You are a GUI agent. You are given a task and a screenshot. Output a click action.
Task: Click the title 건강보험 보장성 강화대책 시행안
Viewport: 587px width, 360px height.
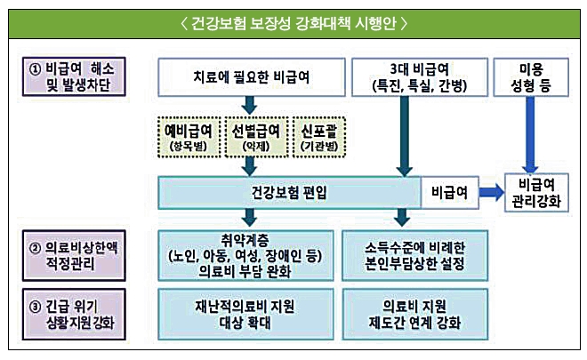pyautogui.click(x=293, y=20)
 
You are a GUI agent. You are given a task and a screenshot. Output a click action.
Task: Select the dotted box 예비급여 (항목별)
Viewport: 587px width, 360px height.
pyautogui.click(x=192, y=136)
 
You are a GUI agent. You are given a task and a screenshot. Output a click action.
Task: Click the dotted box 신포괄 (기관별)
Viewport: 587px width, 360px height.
pyautogui.click(x=317, y=136)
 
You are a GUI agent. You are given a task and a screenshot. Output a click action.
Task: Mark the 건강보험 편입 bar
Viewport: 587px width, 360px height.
pyautogui.click(x=289, y=192)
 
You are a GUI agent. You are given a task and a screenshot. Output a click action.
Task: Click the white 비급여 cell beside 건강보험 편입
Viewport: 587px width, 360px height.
pyautogui.click(x=447, y=192)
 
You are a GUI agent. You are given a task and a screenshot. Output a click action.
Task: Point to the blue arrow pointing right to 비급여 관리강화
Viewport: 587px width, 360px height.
pyautogui.click(x=490, y=192)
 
